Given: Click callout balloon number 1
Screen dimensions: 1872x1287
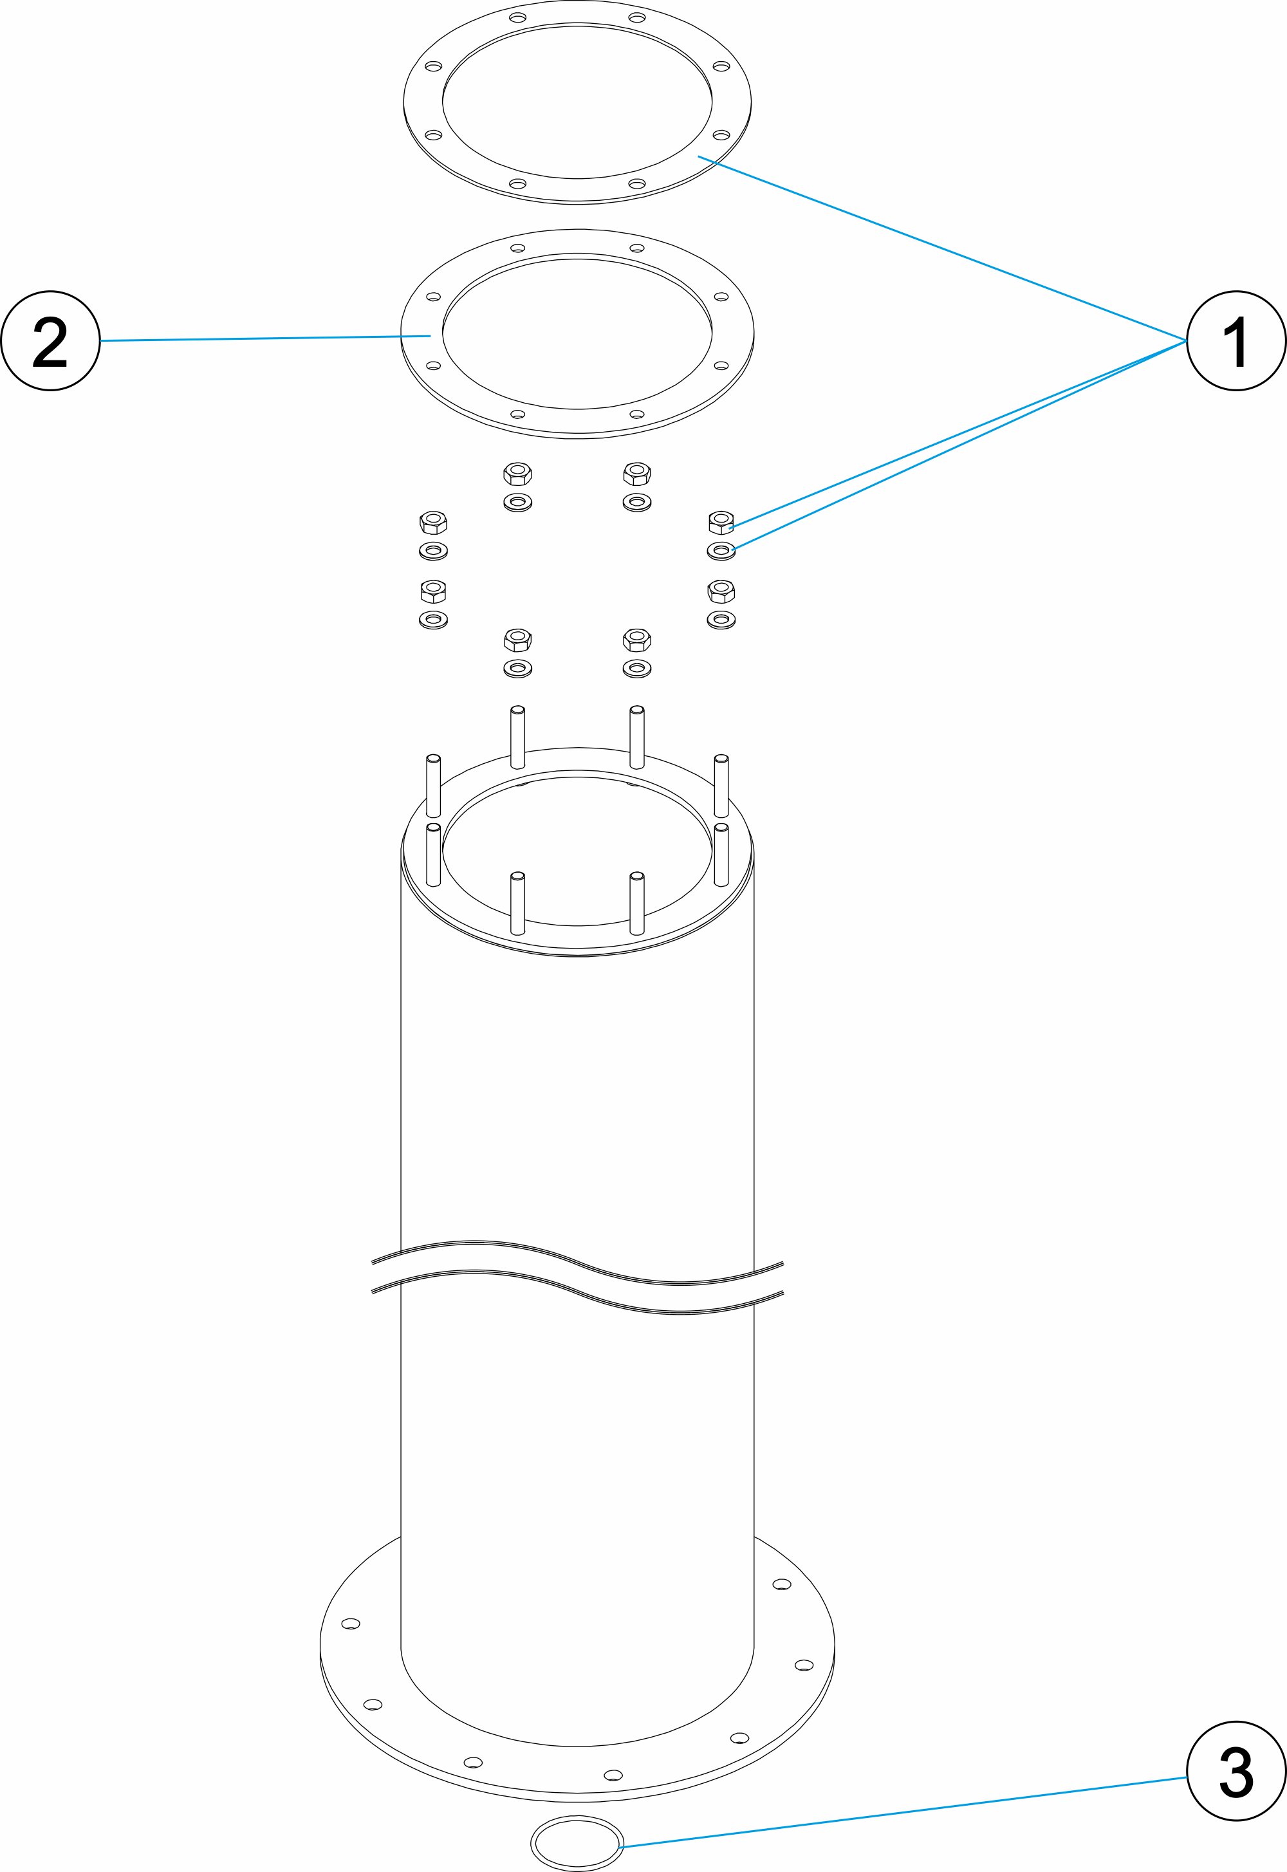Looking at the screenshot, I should (x=1236, y=340).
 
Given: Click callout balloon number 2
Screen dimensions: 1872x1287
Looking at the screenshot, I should (x=50, y=340).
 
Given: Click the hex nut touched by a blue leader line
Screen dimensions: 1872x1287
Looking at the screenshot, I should (x=720, y=522).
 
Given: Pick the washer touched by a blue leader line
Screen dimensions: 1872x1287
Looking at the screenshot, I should (x=720, y=551).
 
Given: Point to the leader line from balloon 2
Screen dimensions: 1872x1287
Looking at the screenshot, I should (x=266, y=338).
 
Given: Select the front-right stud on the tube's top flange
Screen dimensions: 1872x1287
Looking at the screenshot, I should (x=636, y=903).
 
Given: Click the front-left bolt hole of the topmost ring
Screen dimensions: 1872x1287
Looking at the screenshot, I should (x=518, y=184).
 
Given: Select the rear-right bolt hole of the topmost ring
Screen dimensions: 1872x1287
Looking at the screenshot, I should (x=636, y=17).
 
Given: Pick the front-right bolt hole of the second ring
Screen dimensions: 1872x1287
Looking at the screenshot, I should (x=636, y=414).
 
